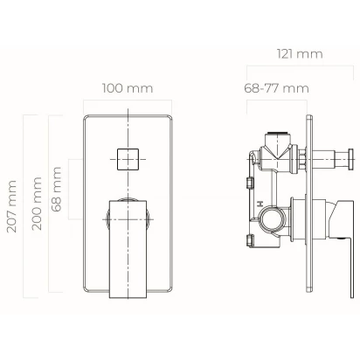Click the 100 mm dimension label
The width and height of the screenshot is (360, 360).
128,88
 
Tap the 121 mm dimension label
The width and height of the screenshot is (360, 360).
300,54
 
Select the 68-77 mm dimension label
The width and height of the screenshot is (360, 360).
276,88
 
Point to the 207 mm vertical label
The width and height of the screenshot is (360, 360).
11,206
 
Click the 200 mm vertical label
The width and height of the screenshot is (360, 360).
37,204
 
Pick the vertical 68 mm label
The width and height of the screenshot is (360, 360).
56,189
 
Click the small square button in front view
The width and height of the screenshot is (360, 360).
128,159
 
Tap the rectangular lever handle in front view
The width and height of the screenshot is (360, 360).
128,249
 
